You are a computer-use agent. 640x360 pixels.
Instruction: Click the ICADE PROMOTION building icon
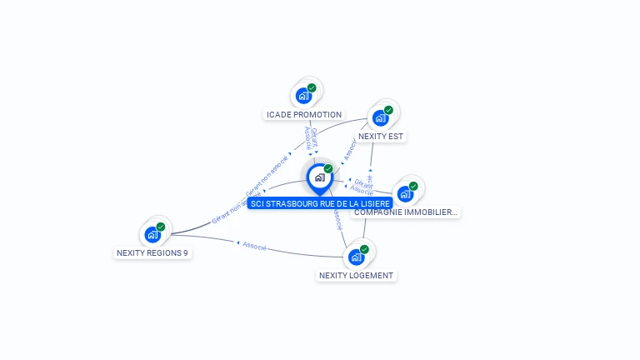[x=303, y=96]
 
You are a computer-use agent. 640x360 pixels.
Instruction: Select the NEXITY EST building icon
[x=380, y=117]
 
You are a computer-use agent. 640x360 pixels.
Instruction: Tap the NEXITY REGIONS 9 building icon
[x=152, y=234]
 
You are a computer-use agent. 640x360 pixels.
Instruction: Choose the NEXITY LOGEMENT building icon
[x=356, y=257]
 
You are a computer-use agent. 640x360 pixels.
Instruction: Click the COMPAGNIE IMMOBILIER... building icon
[x=405, y=194]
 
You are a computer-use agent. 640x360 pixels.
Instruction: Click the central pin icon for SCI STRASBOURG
[x=319, y=177]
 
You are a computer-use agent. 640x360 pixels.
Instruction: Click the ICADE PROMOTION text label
[x=304, y=114]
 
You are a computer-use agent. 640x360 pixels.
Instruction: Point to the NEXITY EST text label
[x=382, y=136]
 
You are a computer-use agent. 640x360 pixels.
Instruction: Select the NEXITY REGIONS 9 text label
[x=152, y=252]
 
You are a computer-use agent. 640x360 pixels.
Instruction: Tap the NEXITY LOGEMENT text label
[x=356, y=275]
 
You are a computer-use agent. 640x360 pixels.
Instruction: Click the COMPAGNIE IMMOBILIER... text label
[x=406, y=212]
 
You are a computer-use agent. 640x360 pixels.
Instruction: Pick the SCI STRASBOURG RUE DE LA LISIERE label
[x=320, y=203]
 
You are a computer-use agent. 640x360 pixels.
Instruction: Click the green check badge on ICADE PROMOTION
[x=312, y=87]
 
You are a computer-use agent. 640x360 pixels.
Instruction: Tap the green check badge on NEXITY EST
[x=388, y=110]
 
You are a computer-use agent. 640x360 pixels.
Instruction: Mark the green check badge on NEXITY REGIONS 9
[x=161, y=227]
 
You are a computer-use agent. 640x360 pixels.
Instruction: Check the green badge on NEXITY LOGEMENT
[x=364, y=249]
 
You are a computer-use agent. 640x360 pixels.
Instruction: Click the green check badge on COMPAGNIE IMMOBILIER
[x=413, y=186]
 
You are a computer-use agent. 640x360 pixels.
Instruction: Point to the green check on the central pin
[x=328, y=169]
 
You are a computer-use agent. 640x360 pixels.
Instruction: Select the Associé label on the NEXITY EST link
[x=350, y=149]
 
